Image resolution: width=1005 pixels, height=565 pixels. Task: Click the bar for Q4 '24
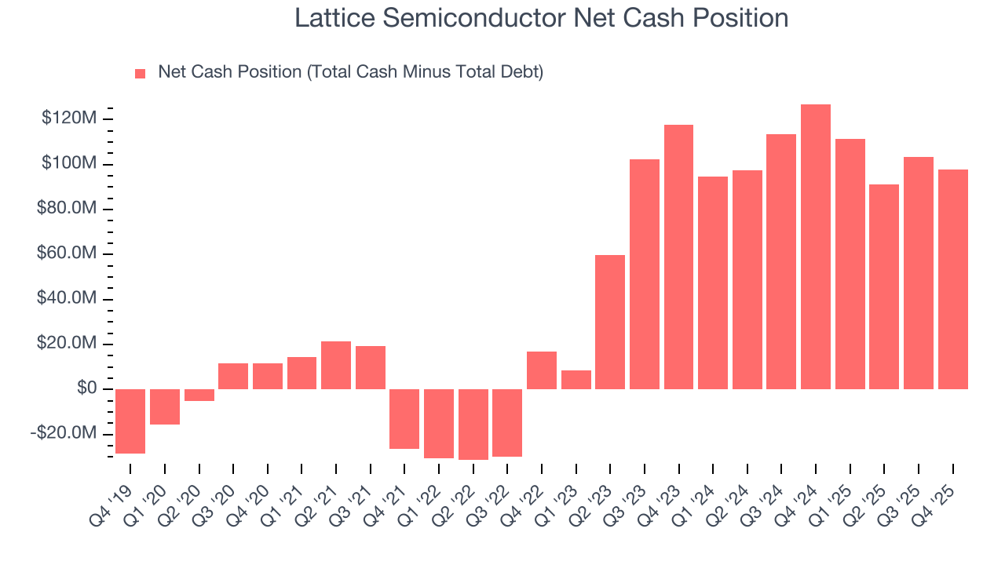816,246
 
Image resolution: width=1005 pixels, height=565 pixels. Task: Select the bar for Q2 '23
610,322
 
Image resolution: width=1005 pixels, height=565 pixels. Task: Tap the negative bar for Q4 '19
130,421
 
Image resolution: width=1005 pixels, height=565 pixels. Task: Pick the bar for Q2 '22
473,424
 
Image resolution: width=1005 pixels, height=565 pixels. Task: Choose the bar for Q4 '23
678,257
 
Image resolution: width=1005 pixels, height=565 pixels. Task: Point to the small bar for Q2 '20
199,395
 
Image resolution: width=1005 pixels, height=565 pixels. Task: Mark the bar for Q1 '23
576,380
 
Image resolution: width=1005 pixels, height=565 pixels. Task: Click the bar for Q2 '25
884,286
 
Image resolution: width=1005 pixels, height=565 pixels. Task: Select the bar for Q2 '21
336,365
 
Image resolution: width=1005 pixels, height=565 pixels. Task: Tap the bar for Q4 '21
404,418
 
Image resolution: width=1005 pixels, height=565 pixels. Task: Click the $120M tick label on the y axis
71,118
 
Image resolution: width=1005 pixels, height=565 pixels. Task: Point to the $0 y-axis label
86,388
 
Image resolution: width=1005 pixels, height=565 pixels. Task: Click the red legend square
141,73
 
